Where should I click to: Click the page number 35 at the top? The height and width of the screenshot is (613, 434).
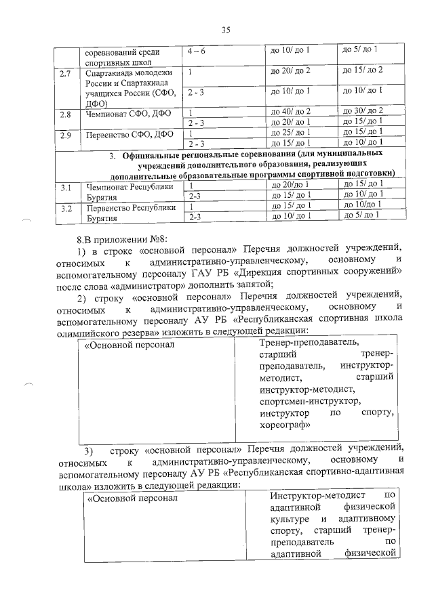pos(226,29)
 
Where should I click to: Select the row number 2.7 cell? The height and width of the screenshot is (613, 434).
pos(66,72)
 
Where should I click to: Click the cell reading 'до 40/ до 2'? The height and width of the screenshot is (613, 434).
pos(290,111)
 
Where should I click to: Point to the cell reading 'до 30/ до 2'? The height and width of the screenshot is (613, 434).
pos(363,110)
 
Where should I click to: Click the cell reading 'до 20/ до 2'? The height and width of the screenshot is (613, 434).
pos(290,70)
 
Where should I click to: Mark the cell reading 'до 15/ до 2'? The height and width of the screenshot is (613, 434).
pos(363,70)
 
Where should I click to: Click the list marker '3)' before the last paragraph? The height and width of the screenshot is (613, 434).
pos(87,452)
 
